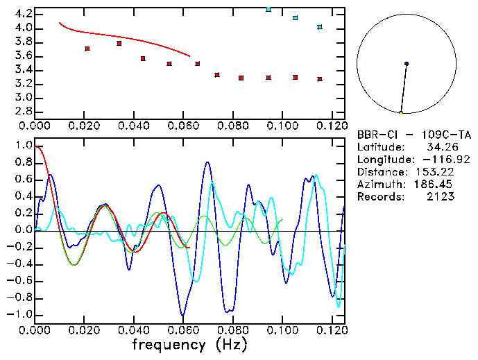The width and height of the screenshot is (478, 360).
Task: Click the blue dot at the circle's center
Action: click(x=407, y=64)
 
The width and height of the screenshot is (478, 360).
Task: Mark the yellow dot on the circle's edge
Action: click(x=401, y=112)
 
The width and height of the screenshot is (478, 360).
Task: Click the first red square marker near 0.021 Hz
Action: click(x=87, y=49)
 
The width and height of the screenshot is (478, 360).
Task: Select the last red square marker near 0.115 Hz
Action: click(x=320, y=79)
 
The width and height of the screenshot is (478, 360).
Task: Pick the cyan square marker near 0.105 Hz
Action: click(x=296, y=17)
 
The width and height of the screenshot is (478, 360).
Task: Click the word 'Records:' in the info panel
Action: click(x=379, y=197)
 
